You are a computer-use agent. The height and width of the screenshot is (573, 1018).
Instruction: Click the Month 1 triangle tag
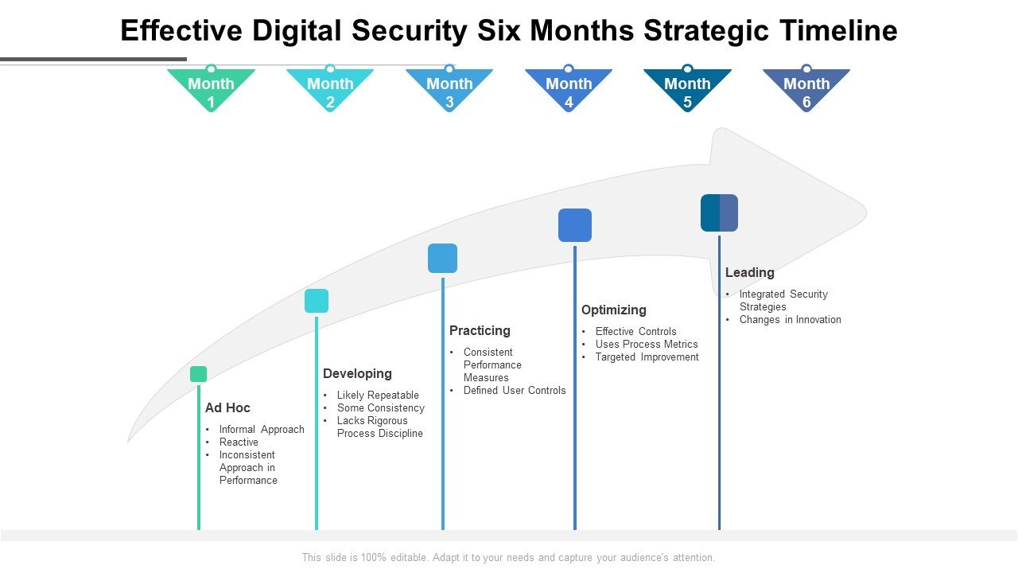tap(211, 90)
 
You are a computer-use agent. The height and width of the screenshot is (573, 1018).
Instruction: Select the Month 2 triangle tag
tap(330, 90)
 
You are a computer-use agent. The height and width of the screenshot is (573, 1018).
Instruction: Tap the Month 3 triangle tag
tap(449, 90)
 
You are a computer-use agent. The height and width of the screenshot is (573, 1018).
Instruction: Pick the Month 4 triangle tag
tap(569, 90)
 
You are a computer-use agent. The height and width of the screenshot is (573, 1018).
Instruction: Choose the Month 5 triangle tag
tap(687, 90)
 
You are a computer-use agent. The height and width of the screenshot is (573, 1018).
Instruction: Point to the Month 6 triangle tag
tap(806, 90)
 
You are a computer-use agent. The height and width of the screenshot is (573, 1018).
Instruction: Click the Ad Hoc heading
tap(227, 408)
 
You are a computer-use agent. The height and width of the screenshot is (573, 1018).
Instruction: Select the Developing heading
tap(357, 374)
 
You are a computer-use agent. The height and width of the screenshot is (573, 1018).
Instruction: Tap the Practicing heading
tap(480, 331)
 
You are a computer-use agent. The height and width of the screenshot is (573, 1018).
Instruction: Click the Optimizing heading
tap(613, 310)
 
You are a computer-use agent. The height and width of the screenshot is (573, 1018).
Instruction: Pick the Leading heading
tap(749, 273)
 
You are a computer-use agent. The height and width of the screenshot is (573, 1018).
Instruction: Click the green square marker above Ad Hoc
tap(199, 374)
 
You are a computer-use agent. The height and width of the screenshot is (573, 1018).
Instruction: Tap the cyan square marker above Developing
tap(317, 301)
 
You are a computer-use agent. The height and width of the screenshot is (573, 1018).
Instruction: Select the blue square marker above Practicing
tap(442, 259)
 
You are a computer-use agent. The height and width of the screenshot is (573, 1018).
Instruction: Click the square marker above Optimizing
tap(575, 225)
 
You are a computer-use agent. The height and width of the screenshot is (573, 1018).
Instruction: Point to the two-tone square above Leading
tap(719, 213)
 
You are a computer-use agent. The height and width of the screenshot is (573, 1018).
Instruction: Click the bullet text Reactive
tap(239, 442)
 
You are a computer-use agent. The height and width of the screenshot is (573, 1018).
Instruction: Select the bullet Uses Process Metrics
tap(647, 345)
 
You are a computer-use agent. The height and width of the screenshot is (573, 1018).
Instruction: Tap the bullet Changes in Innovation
tap(790, 320)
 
